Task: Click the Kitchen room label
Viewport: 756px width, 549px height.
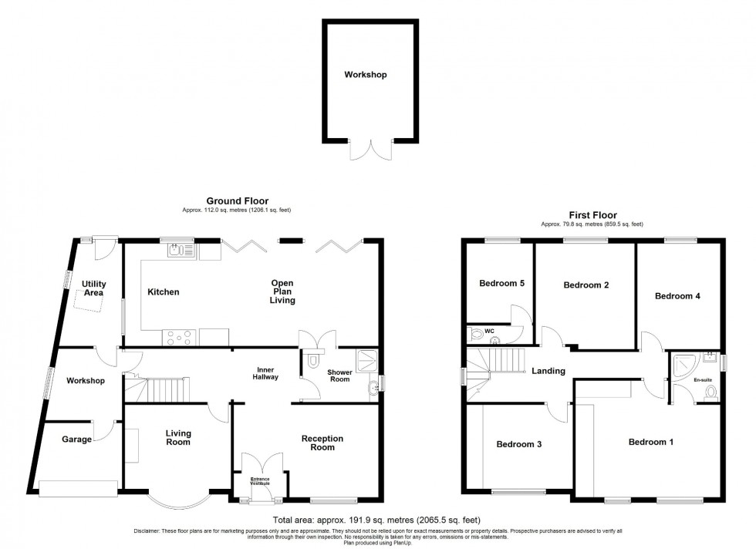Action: pyautogui.click(x=164, y=292)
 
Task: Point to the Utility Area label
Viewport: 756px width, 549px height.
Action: pyautogui.click(x=94, y=288)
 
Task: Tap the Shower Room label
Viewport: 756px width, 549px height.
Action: pyautogui.click(x=339, y=376)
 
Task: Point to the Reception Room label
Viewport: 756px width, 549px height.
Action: pyautogui.click(x=322, y=443)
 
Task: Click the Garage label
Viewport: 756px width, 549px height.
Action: pyautogui.click(x=76, y=440)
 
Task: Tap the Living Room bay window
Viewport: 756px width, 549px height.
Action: pyautogui.click(x=177, y=502)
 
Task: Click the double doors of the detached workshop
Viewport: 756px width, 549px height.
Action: pyautogui.click(x=366, y=150)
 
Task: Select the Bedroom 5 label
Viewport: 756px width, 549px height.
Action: pyautogui.click(x=501, y=283)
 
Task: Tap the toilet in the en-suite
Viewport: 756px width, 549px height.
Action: pyautogui.click(x=711, y=393)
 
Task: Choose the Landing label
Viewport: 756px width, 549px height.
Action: pyautogui.click(x=548, y=371)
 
